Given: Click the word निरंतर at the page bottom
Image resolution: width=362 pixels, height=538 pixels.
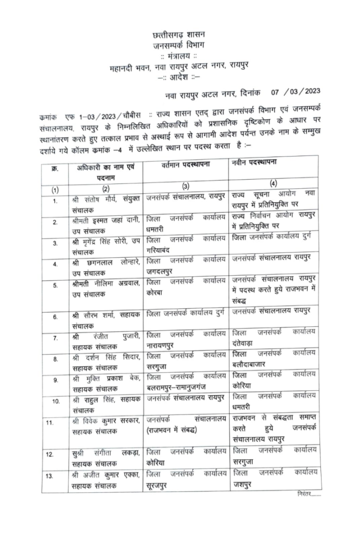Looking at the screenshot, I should pyautogui.click(x=305, y=494).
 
